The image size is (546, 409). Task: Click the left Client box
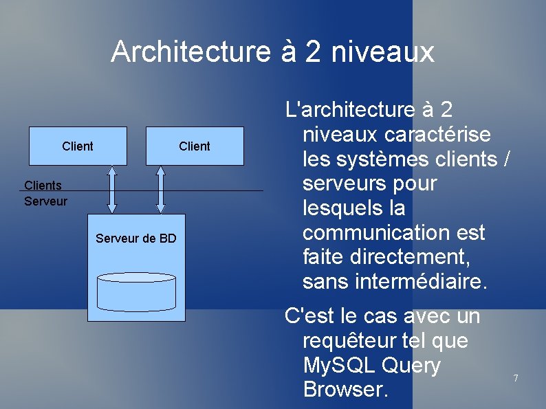[x=78, y=146]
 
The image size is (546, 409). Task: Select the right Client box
[x=195, y=146]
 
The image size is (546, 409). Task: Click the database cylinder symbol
[x=137, y=291]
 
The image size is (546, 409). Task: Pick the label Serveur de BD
[x=136, y=239]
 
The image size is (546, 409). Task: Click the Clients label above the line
[x=43, y=185]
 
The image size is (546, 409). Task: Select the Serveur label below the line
[x=45, y=201]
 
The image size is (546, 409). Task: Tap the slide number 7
[x=515, y=378]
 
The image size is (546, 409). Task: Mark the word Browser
[x=345, y=390]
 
